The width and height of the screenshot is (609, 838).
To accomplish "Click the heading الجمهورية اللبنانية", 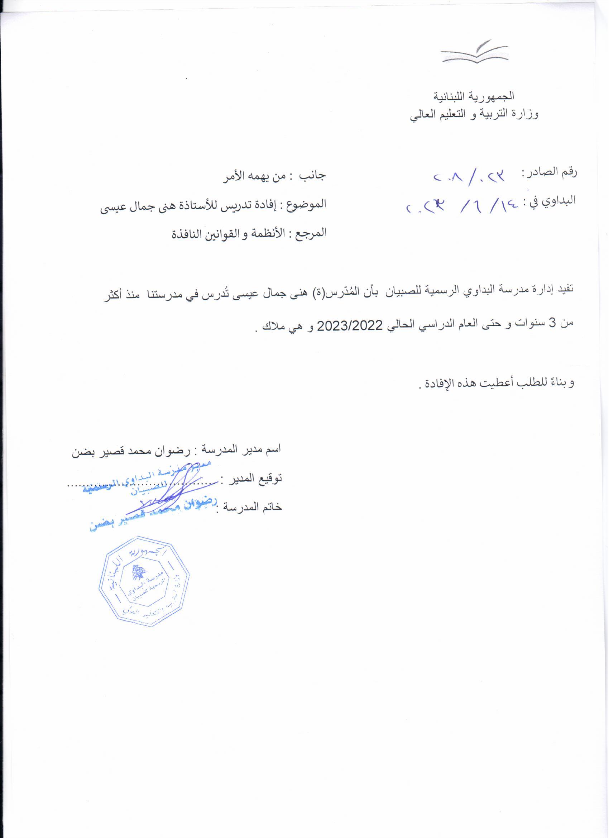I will coord(474,96).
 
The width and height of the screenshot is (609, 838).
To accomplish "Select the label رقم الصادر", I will coord(550,172).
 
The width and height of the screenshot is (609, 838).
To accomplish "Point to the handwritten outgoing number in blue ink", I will coord(469,177).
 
